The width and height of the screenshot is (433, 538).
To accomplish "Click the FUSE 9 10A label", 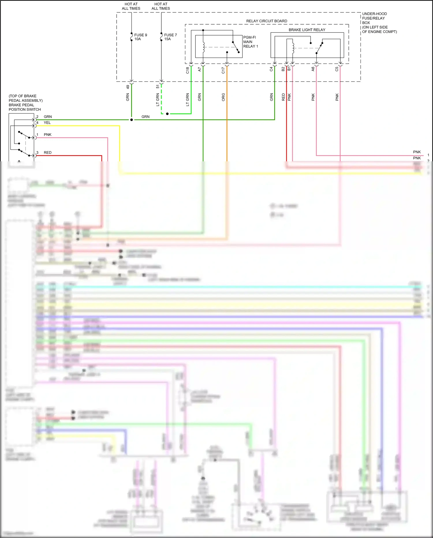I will click(140, 37).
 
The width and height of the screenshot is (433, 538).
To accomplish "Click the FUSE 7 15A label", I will click(170, 37).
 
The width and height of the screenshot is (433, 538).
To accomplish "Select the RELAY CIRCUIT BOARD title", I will click(266, 21).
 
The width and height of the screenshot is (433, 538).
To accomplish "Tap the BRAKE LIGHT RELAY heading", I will click(307, 30).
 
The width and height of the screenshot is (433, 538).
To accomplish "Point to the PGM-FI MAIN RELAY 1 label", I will click(250, 42).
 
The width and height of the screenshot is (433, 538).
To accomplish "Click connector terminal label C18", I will click(187, 70).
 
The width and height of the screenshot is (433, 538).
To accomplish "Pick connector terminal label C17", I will click(223, 70).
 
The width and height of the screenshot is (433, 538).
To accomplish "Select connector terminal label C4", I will click(271, 69).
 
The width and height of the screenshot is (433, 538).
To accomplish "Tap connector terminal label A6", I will click(313, 69).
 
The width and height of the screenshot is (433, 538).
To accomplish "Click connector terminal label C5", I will click(337, 69).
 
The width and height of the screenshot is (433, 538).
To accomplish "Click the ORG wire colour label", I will click(223, 97).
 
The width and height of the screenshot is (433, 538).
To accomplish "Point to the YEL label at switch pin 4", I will click(47, 123).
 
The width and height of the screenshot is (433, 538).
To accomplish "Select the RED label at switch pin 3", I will click(48, 152).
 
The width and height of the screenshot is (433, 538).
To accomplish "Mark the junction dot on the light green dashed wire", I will click(167, 114).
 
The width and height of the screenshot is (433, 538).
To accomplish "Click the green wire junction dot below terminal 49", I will click(132, 120).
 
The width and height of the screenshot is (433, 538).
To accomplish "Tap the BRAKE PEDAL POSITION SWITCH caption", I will click(25, 103).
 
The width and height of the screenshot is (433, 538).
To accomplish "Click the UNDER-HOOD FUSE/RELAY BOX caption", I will click(379, 23).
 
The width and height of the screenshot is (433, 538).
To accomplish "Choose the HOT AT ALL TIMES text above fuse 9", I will click(131, 6).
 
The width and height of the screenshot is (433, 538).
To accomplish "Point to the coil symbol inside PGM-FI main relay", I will click(204, 47).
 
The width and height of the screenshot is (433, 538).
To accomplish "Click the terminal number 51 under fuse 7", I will click(158, 86).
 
